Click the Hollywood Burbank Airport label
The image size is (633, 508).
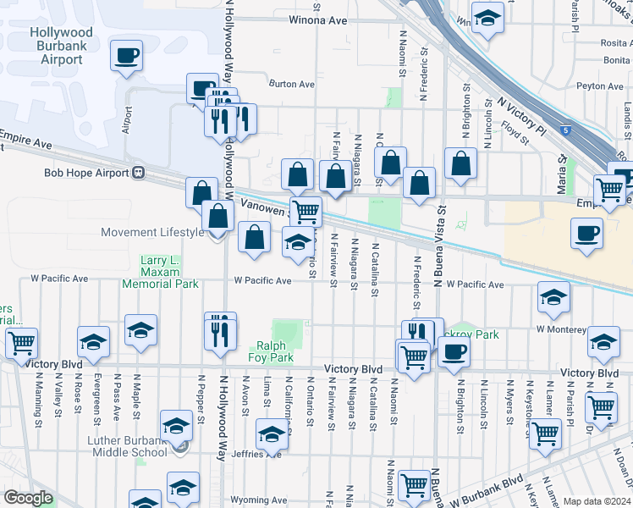coord(62,46)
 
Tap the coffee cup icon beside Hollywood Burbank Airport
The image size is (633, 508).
coord(128,56)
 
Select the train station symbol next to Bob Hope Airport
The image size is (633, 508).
coord(136,173)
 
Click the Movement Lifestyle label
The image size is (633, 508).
coord(152,232)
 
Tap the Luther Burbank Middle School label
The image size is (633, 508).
coord(115,445)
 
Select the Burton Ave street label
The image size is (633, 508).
coord(291,84)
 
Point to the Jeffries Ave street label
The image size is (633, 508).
coord(262,454)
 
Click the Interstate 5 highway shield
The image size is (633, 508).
coord(564,131)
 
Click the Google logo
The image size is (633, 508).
coord(28,498)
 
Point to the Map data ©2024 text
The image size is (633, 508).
coord(597,501)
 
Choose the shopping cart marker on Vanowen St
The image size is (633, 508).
coord(305,211)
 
